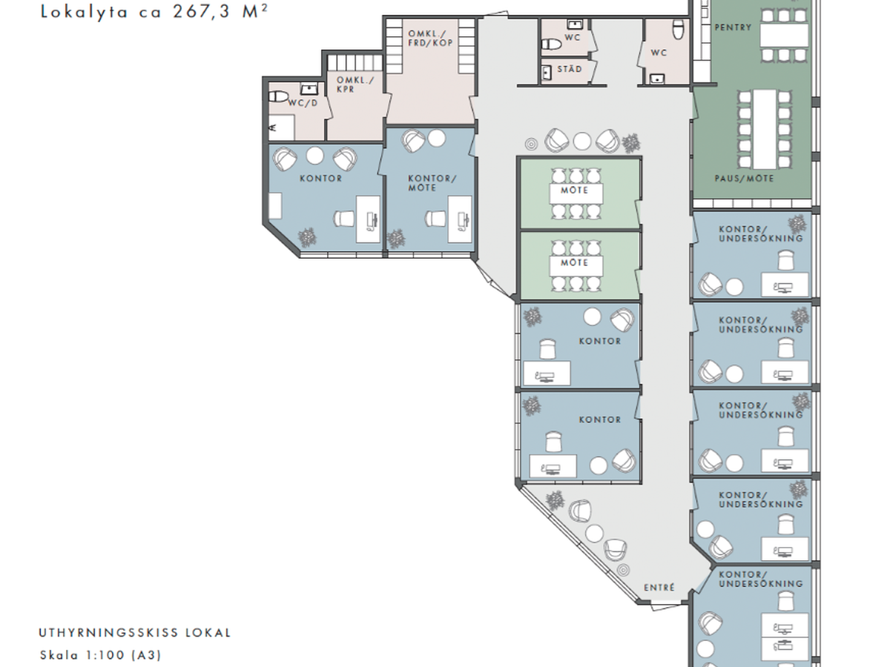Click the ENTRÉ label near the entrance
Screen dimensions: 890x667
659,587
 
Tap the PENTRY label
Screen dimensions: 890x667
733,27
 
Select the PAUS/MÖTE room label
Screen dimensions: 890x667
744,179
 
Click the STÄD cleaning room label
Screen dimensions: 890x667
570,69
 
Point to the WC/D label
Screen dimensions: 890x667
303,103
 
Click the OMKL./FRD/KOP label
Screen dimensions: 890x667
430,38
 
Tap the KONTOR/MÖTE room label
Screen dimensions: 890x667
432,183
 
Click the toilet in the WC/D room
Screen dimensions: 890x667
277,96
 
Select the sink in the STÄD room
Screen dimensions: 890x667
547,73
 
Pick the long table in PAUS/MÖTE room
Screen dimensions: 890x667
765,129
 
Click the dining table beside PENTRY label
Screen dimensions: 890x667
784,36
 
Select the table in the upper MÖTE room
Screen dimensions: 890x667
576,194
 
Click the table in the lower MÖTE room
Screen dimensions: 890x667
576,267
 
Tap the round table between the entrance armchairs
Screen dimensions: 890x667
594,534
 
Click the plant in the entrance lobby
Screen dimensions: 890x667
555,500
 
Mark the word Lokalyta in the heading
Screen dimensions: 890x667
85,11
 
